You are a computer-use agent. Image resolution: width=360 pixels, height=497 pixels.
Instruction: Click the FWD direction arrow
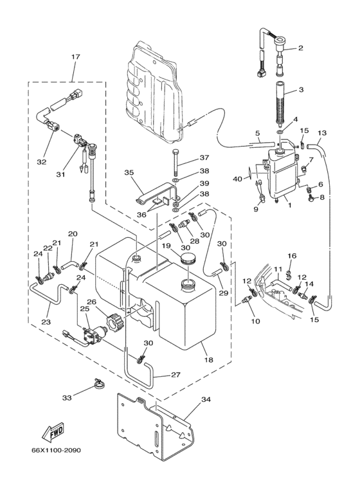coord(53,431)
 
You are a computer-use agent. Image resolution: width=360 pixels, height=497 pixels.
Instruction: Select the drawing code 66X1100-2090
coord(56,450)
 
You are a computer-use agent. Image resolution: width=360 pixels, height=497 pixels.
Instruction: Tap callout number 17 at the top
coord(76,57)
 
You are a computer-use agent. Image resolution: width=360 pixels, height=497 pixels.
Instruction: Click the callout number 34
coord(206,400)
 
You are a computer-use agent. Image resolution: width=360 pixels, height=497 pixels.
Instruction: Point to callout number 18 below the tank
coord(209,360)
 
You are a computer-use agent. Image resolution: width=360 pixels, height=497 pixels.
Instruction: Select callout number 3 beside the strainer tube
coord(301,90)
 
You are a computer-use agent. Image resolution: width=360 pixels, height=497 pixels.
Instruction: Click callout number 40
coord(237,179)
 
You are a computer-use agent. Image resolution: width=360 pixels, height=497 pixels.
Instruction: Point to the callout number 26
coord(91,302)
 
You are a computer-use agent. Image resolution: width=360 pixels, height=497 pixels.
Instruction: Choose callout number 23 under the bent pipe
coord(46,321)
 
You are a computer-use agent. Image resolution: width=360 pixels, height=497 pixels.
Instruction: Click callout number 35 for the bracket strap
coord(129,173)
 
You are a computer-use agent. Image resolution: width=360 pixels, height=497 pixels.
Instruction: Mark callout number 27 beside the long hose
coord(175,375)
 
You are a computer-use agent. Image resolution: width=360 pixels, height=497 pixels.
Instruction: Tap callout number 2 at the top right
coord(301,48)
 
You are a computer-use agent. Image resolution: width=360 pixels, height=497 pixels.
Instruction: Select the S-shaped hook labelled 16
coord(288,275)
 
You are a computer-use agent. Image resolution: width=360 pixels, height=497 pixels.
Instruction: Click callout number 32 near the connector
coord(42,162)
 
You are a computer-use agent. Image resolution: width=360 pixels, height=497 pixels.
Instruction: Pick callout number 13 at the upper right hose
coord(322,133)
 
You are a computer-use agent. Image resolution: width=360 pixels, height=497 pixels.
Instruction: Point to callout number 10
coord(255,321)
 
